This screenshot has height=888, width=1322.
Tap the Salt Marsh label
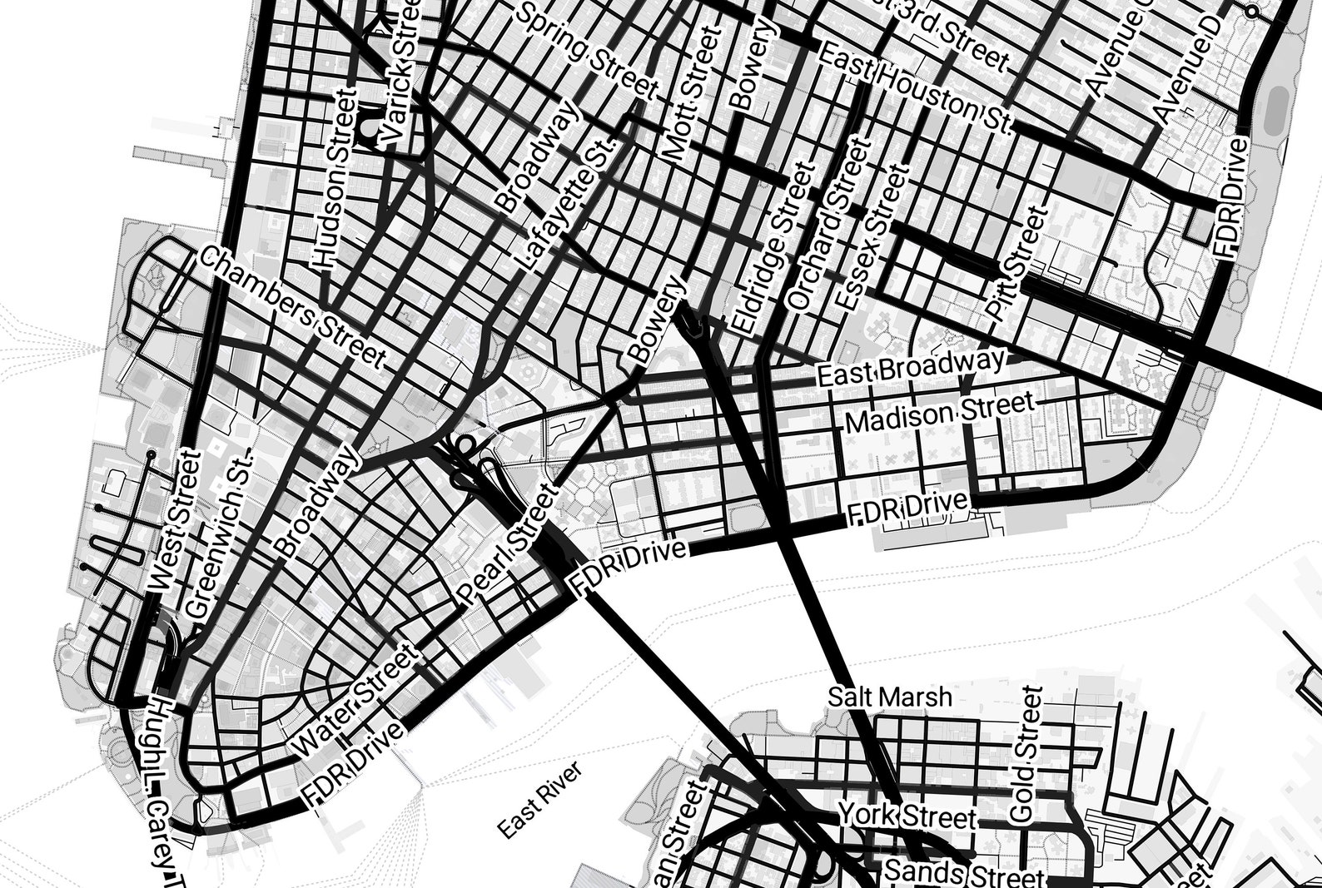pyautogui.click(x=890, y=697)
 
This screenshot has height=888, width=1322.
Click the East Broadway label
pyautogui.click(x=911, y=368)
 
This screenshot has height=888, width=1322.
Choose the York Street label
pyautogui.click(x=907, y=816)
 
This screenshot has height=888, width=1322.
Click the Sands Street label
pyautogui.click(x=962, y=874)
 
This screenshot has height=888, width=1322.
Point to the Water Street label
pyautogui.click(x=356, y=701)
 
